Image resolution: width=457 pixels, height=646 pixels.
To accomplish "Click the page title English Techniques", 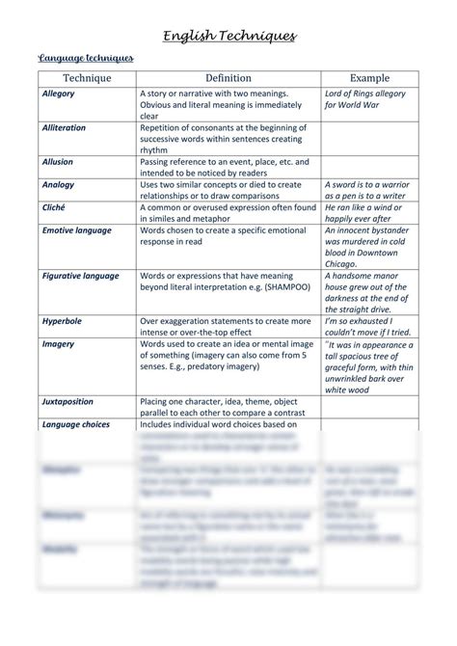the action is click(228, 37).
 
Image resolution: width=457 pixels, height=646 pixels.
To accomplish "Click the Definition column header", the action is click(228, 78).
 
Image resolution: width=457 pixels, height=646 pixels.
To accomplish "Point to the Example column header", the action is click(369, 78).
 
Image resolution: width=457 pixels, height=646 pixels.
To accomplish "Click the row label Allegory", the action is click(59, 94).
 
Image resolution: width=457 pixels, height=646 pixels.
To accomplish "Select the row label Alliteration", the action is click(64, 127).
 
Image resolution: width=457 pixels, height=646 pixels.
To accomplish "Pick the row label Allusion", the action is click(58, 162).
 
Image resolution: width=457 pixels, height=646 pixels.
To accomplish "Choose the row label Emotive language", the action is click(77, 230).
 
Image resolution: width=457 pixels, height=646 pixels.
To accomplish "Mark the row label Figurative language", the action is click(81, 276).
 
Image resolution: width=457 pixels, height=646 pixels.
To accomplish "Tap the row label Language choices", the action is click(76, 424).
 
